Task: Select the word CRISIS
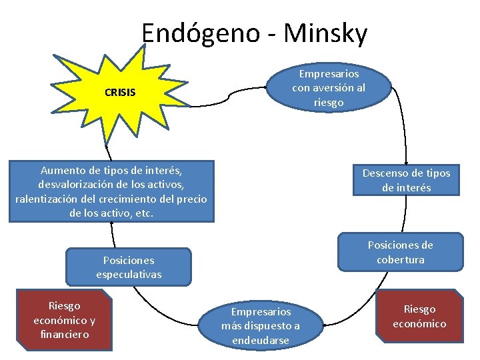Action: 120,93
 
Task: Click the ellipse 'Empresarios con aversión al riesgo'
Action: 329,87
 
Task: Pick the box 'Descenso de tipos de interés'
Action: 406,180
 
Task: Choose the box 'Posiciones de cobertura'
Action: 400,252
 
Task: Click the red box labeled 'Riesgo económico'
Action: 419,316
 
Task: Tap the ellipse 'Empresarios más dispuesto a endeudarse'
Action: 261,326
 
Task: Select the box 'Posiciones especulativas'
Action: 129,267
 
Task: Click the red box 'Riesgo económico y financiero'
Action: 64,319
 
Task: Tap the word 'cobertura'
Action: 400,260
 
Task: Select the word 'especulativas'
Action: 129,275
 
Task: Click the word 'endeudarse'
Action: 261,341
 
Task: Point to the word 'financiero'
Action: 64,334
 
